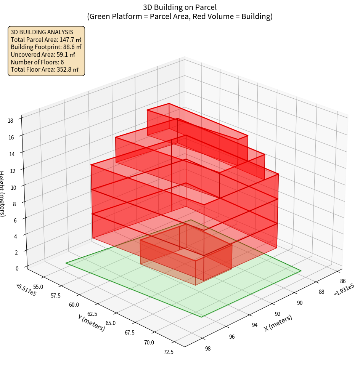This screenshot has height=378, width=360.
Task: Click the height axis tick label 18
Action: click(10, 121)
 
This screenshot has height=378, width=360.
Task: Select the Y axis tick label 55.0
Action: click(39, 287)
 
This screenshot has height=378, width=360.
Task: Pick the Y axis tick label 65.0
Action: click(111, 323)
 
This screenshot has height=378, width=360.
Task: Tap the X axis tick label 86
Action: click(343, 281)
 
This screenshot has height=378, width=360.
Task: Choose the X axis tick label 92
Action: click(277, 314)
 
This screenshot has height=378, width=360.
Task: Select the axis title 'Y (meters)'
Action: click(92, 322)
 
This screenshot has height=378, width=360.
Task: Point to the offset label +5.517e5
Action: click(26, 290)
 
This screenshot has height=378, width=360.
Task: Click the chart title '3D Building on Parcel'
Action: click(180, 7)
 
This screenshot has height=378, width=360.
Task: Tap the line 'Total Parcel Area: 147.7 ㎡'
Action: click(46, 39)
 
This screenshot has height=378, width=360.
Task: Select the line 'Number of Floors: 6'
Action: click(37, 62)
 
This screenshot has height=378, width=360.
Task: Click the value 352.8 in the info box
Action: click(64, 69)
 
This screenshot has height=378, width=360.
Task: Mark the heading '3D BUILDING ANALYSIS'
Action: click(42, 32)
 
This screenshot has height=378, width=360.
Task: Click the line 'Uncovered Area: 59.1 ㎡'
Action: click(46, 54)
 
